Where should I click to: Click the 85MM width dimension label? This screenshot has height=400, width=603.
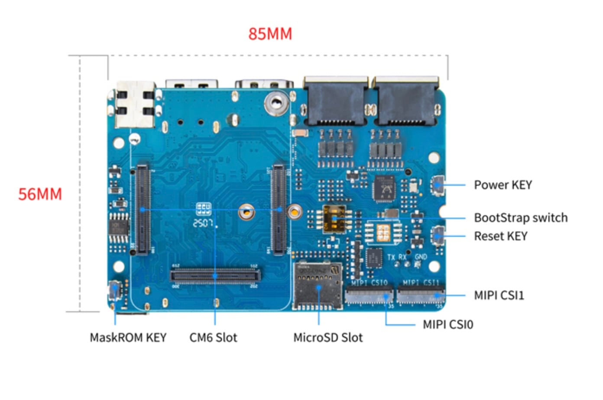tap(270, 34)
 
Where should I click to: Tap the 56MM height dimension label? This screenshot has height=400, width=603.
tap(40, 194)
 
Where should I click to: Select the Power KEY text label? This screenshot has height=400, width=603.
tap(502, 185)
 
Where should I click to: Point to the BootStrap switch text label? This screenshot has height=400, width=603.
tap(520, 217)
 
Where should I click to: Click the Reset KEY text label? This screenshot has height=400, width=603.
tap(500, 236)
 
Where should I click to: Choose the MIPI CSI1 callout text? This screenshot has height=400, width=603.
tap(499, 295)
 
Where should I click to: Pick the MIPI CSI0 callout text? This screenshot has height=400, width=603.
tap(447, 325)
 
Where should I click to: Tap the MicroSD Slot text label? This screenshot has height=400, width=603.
tap(327, 338)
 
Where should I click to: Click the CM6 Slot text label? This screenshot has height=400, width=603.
tap(213, 338)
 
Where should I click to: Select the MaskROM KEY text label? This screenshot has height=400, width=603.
tap(128, 338)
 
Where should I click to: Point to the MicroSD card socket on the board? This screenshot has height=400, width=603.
tap(318, 286)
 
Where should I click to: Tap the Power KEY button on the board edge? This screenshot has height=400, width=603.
tap(438, 185)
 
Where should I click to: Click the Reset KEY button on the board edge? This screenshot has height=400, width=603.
tap(438, 235)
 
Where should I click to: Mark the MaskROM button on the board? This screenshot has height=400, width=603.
tap(115, 290)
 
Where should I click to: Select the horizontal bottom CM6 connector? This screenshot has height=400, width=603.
tap(215, 275)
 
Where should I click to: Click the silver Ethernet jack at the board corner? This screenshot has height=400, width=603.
tap(135, 104)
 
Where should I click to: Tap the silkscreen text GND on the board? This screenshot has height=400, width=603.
tap(420, 257)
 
